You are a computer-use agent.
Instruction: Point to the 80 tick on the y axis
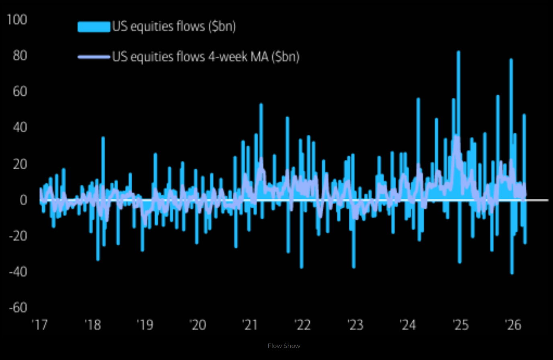point(20,56)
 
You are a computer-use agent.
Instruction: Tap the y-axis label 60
point(20,91)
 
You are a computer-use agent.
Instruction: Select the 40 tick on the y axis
point(20,128)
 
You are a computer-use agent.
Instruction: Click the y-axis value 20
point(20,164)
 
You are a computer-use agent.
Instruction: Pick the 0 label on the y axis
point(23,200)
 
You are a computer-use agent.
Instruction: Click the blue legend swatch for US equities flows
point(94,27)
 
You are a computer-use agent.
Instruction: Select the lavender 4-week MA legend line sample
point(94,57)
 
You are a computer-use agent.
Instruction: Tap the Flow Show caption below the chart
point(284,346)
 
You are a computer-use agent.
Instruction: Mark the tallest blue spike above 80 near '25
point(458,53)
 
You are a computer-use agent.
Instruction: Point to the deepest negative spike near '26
point(512,273)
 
